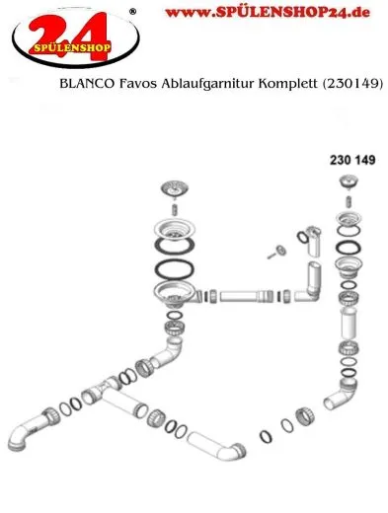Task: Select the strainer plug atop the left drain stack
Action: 176,189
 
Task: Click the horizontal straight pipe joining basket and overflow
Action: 246,294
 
